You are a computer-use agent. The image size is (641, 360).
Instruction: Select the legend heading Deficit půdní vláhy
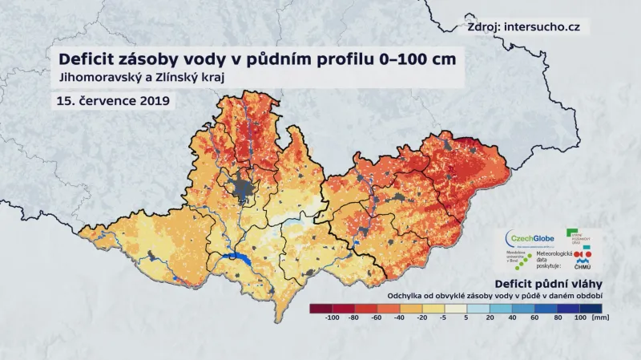click(x=549, y=284)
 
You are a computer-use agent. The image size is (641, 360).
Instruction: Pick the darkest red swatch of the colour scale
click(x=319, y=308)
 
